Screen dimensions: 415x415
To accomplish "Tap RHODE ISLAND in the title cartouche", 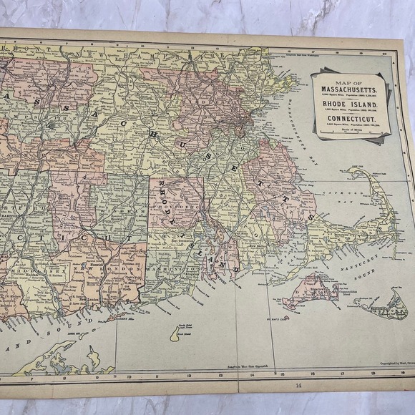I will [348, 105].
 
